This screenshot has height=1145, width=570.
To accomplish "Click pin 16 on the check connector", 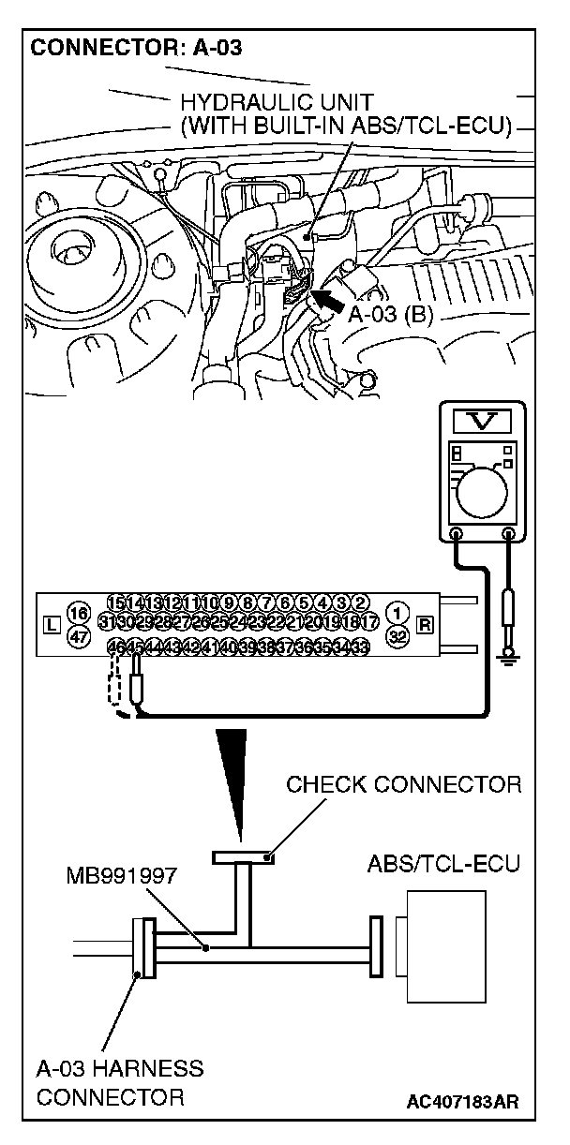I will [79, 614].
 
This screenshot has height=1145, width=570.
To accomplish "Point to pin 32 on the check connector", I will [399, 632].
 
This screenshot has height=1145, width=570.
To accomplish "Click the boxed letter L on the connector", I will [51, 623].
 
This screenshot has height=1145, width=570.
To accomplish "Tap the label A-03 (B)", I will [391, 316].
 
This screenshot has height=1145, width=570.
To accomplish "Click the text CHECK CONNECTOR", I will [403, 784].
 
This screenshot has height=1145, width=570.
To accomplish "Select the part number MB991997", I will [120, 878].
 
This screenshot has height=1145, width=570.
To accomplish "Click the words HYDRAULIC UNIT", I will [263, 101].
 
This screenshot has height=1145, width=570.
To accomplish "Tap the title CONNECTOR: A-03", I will [137, 49].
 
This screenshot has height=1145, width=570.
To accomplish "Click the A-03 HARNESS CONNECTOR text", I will [119, 1081].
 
